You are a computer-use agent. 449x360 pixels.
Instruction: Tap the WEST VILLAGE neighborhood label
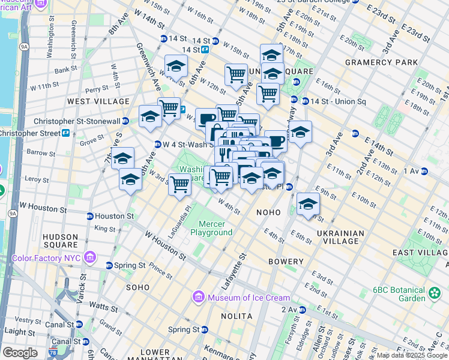tap(98, 101)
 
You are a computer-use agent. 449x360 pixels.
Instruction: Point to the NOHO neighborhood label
tap(268, 212)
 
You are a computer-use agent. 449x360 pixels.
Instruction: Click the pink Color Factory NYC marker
tap(91, 259)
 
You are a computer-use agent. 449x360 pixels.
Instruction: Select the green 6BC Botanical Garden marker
tap(435, 293)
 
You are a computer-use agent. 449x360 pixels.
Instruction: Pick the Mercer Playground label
tap(211, 228)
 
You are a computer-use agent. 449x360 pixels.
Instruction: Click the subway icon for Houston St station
tap(90, 216)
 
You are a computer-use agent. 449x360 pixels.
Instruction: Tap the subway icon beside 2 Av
tap(302, 310)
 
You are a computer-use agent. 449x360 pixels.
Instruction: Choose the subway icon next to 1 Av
tap(424, 171)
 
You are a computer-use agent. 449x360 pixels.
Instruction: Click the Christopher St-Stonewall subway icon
tap(125, 121)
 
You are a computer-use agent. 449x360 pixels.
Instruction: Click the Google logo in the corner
tap(20, 352)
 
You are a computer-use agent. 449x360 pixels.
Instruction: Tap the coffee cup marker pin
tap(276, 142)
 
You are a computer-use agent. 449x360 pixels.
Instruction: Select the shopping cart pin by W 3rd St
tap(179, 185)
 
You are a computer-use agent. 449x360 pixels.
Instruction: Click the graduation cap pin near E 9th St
tap(308, 205)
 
